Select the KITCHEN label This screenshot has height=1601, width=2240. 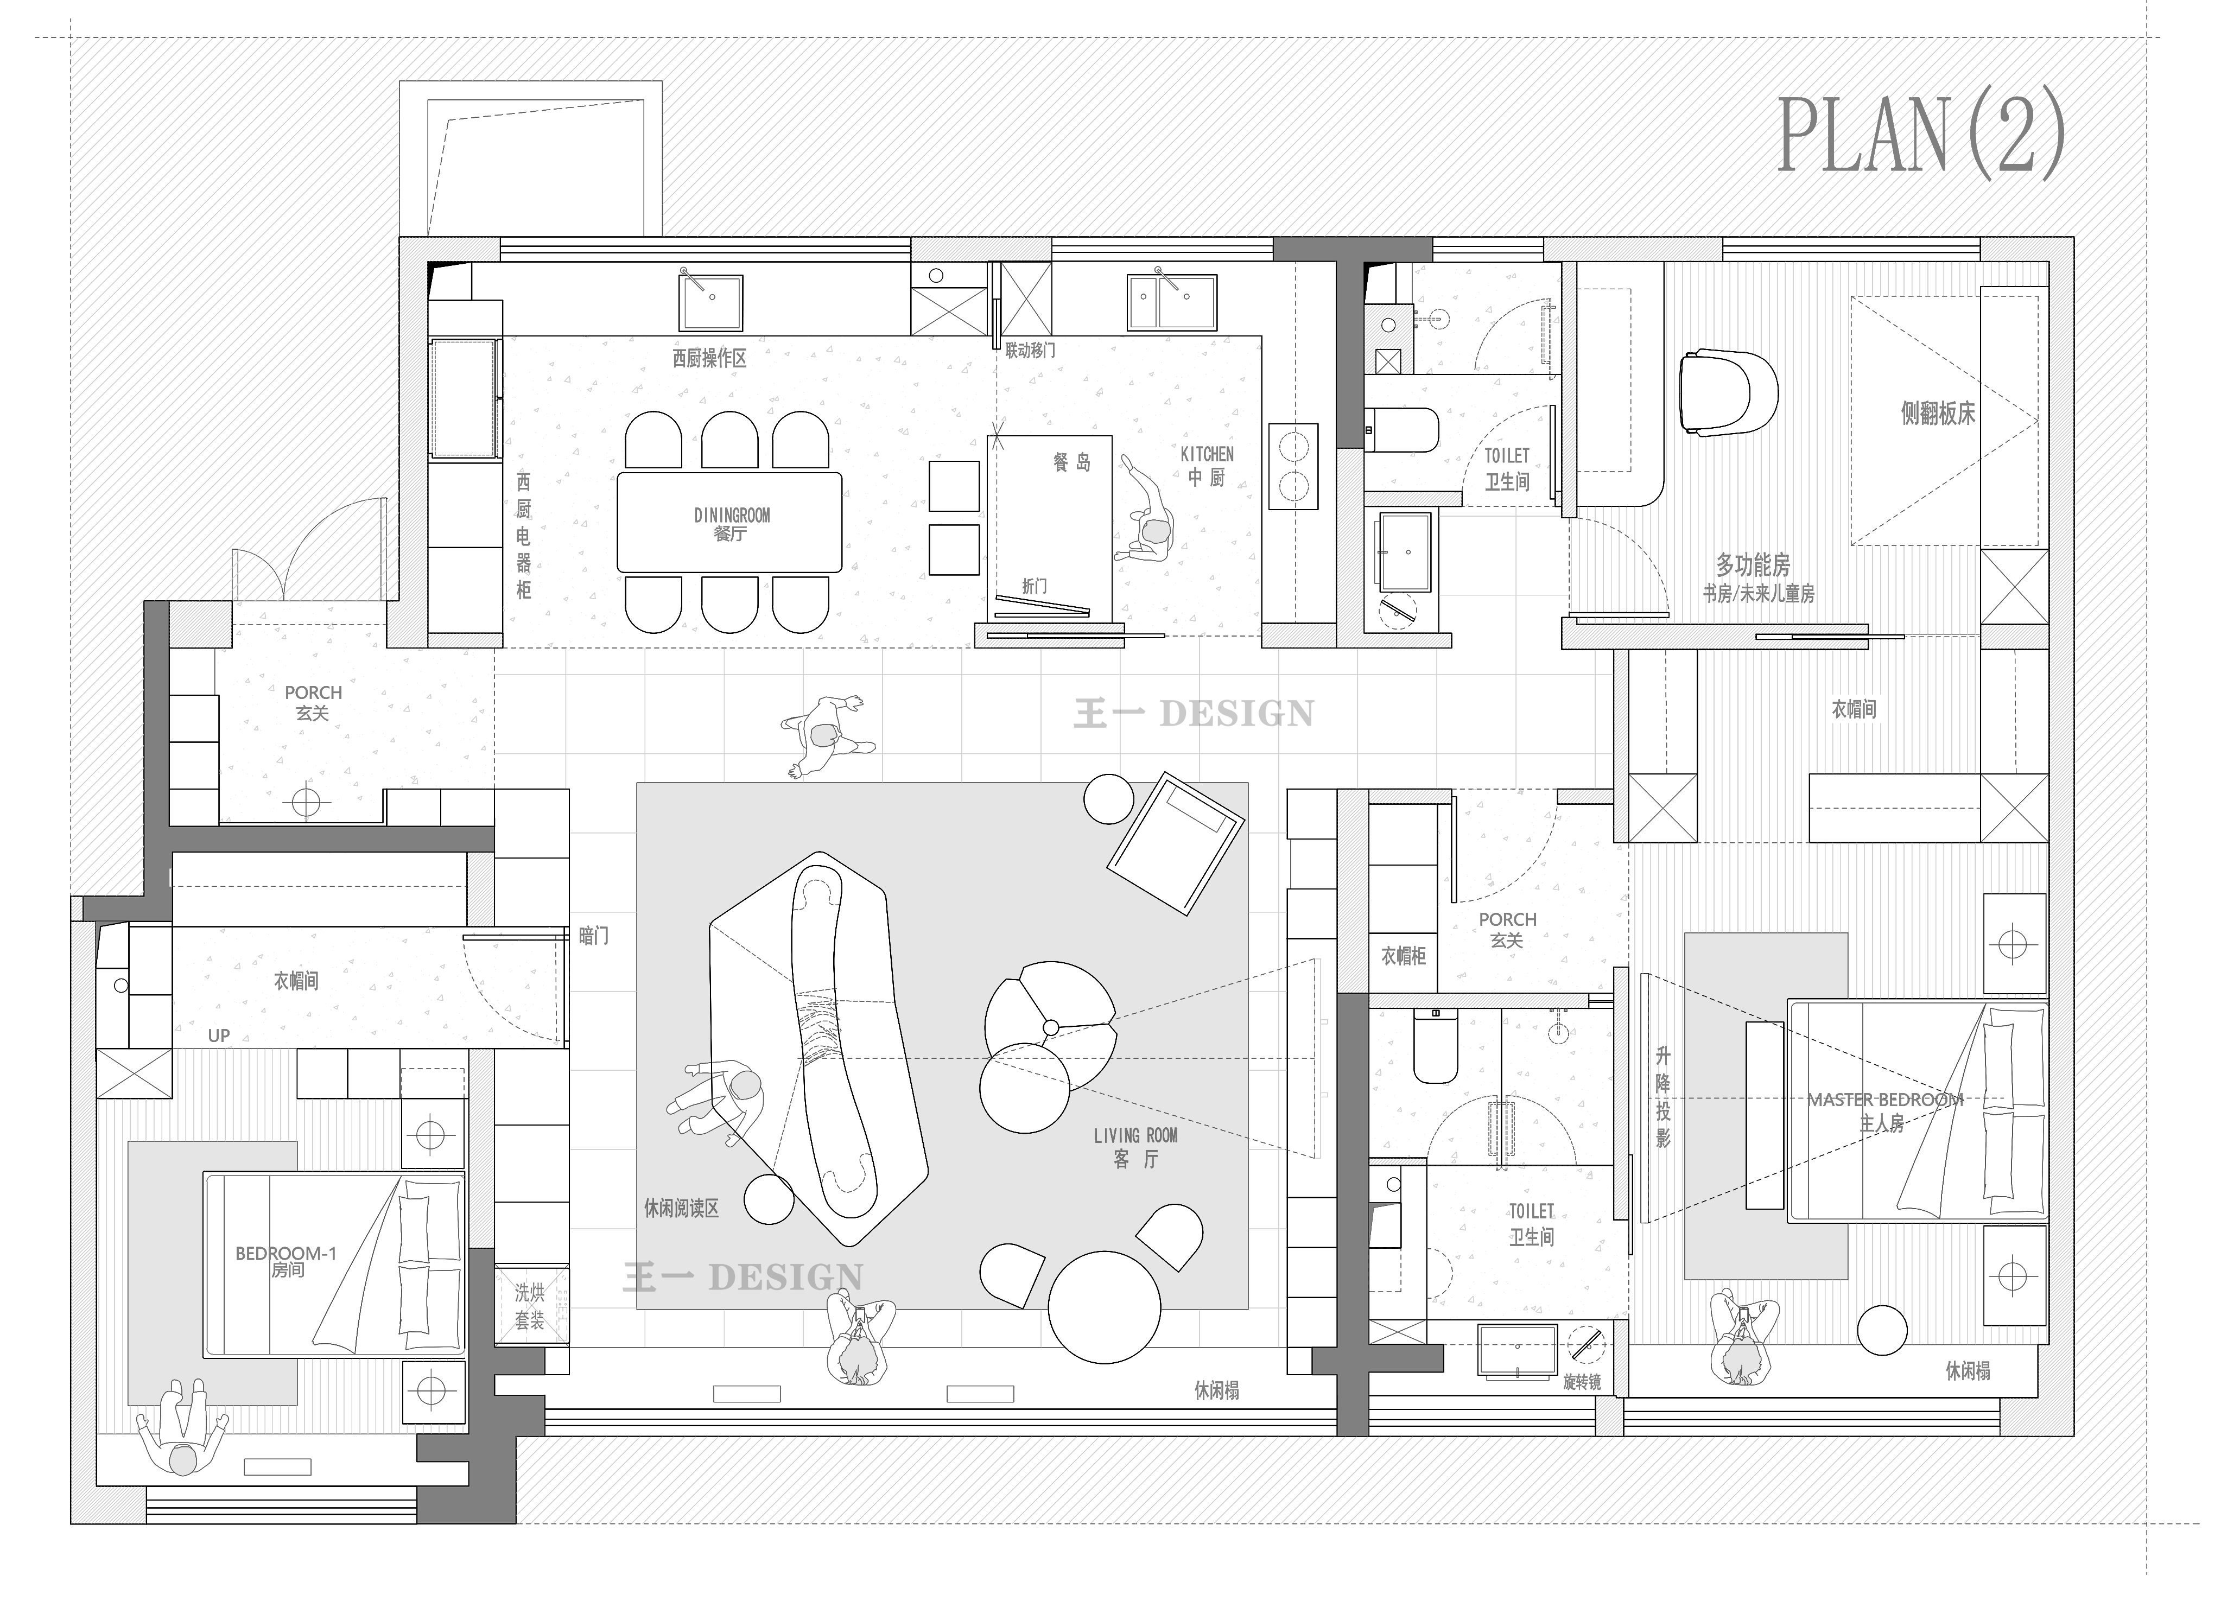tap(1207, 454)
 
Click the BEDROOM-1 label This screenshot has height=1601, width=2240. tap(286, 1254)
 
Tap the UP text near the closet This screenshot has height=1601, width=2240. tap(219, 1035)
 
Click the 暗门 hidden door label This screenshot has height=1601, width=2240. tap(594, 936)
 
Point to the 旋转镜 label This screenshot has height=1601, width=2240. tap(1582, 1382)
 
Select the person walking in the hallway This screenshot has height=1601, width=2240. tap(826, 735)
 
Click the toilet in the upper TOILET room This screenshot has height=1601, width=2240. tap(1402, 430)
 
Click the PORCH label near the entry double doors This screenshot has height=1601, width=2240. tap(314, 693)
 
